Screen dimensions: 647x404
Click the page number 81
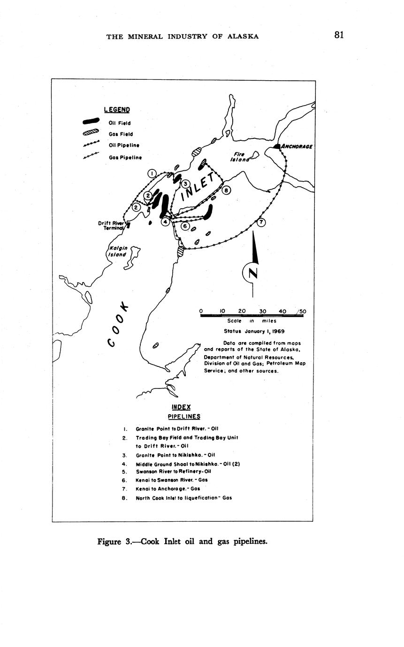pos(339,35)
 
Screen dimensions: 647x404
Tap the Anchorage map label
pos(297,146)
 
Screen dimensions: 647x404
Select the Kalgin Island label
pos(117,251)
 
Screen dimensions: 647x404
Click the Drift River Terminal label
pos(111,225)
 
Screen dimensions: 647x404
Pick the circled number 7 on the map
pos(261,222)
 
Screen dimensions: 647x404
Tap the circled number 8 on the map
pos(226,190)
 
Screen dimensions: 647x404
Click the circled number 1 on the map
pos(152,174)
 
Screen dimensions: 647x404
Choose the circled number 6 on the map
pos(185,226)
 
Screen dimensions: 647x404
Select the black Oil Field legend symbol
pos(91,122)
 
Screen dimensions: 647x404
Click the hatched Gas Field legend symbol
pos(91,133)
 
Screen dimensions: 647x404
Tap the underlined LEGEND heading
pos(117,110)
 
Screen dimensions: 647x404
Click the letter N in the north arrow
pos(253,273)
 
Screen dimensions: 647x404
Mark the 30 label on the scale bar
pos(263,311)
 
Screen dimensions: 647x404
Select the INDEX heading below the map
pos(181,407)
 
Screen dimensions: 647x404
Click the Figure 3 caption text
pos(183,541)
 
